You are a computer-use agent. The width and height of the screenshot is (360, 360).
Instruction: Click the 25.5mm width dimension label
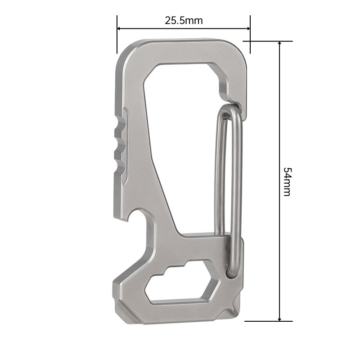coord(184,21)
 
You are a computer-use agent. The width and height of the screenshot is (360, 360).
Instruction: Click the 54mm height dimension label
coord(287,182)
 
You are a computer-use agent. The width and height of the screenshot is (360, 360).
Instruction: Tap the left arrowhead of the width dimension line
coord(119,28)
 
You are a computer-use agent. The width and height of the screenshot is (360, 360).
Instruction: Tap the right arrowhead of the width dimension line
coord(248,28)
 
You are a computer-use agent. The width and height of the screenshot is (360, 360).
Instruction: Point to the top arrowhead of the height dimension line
coord(279,44)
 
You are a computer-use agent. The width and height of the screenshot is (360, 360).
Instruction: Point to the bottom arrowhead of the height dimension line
coord(279,319)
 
